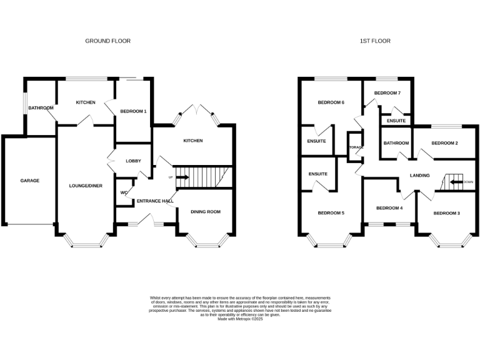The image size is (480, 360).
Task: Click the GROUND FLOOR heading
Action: [108, 41]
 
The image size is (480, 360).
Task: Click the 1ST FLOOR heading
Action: [375, 41]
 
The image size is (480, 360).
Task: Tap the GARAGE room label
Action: [29, 181]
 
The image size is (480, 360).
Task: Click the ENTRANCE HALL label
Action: [154, 201]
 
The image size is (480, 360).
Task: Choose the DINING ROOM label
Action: [206, 212]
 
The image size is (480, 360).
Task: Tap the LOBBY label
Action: [134, 161]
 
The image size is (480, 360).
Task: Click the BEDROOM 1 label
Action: [132, 111]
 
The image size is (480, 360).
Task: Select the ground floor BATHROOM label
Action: [41, 108]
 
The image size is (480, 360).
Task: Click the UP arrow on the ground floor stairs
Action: [182, 177]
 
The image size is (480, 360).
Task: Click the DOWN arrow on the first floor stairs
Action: [461, 182]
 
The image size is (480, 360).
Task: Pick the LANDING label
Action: [419, 176]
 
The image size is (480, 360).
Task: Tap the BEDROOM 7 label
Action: [387, 92]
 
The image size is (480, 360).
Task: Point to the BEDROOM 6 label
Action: [331, 102]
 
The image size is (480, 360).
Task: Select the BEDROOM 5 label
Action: [331, 213]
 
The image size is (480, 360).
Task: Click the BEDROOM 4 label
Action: [389, 207]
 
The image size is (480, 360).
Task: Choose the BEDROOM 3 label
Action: [447, 213]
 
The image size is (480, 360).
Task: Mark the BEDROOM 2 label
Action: [444, 143]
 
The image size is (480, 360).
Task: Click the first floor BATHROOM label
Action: [396, 143]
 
